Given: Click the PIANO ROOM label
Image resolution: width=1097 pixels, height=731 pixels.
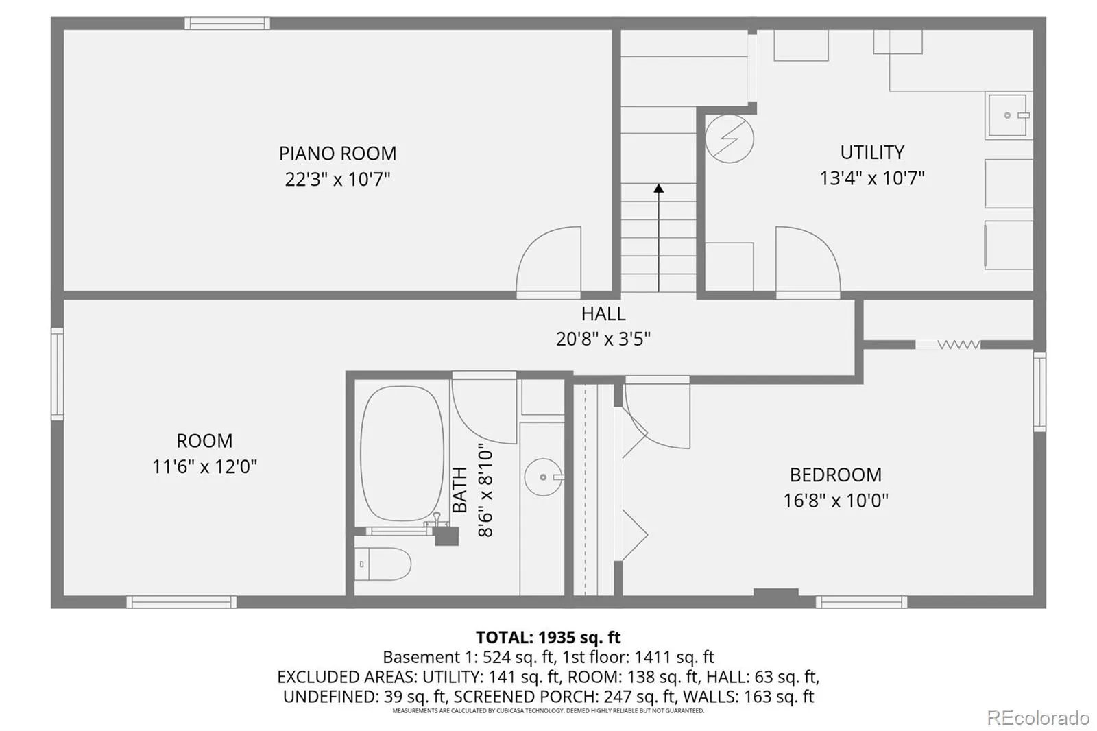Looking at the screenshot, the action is pyautogui.click(x=337, y=154).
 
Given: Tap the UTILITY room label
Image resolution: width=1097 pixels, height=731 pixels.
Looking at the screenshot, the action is pyautogui.click(x=872, y=152).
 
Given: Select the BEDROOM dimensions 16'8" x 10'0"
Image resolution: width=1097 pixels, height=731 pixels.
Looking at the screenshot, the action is pyautogui.click(x=836, y=500).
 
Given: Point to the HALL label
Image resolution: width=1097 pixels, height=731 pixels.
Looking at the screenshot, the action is pyautogui.click(x=603, y=313).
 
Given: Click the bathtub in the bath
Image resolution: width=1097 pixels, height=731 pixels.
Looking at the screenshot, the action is pyautogui.click(x=402, y=453).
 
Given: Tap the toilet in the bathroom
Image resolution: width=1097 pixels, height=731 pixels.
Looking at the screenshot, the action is pyautogui.click(x=383, y=564).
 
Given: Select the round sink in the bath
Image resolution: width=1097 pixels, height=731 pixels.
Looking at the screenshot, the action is pyautogui.click(x=543, y=477).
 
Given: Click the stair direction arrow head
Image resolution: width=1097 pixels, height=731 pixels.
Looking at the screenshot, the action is pyautogui.click(x=659, y=188).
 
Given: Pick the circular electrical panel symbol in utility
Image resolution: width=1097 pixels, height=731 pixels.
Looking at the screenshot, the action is pyautogui.click(x=730, y=139).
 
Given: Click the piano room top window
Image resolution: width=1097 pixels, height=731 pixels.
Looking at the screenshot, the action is pyautogui.click(x=227, y=23).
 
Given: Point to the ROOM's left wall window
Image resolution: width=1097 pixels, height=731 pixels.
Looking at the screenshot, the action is pyautogui.click(x=58, y=374).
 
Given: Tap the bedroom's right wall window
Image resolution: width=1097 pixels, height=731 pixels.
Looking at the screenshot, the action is pyautogui.click(x=1039, y=392).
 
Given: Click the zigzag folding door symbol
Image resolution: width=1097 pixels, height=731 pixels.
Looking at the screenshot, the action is pyautogui.click(x=959, y=345).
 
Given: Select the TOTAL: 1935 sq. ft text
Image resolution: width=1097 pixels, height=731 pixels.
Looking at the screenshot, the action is pyautogui.click(x=548, y=637).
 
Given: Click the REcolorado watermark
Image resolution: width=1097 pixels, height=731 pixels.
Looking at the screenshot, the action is pyautogui.click(x=1038, y=718).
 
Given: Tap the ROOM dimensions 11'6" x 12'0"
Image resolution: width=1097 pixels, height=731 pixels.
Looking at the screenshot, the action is pyautogui.click(x=204, y=466).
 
